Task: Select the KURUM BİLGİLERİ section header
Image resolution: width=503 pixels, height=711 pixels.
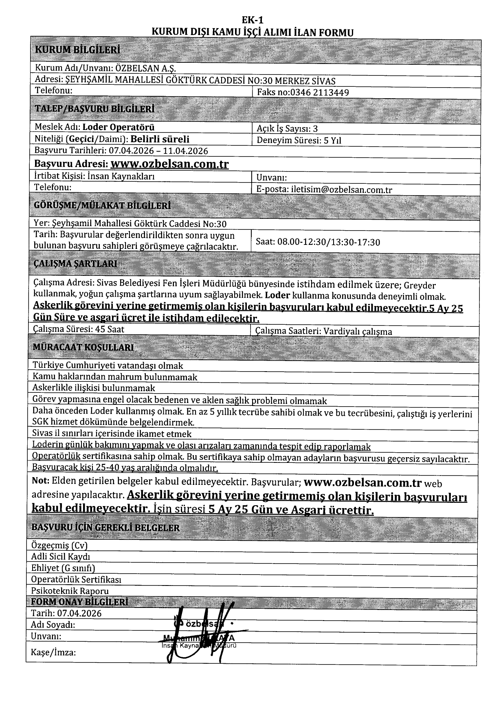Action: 77,50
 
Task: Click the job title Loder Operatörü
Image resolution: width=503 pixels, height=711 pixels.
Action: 119,127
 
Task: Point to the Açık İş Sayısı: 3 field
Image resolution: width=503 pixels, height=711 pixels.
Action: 287,129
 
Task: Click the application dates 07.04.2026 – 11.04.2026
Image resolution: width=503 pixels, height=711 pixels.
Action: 158,151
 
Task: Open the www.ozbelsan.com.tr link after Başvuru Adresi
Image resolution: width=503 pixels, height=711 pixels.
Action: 169,164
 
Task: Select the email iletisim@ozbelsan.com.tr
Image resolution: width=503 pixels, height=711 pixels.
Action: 341,189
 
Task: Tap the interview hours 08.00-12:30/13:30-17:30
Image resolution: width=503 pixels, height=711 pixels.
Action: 328,242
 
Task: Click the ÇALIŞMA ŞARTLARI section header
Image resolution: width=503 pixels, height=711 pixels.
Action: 75,264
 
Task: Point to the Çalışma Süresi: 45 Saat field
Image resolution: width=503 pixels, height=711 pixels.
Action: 79,329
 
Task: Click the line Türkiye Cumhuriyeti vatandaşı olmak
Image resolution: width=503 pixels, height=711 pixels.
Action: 108,365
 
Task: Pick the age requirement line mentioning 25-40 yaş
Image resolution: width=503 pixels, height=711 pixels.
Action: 125,467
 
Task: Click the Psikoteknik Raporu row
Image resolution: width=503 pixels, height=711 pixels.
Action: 70,591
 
